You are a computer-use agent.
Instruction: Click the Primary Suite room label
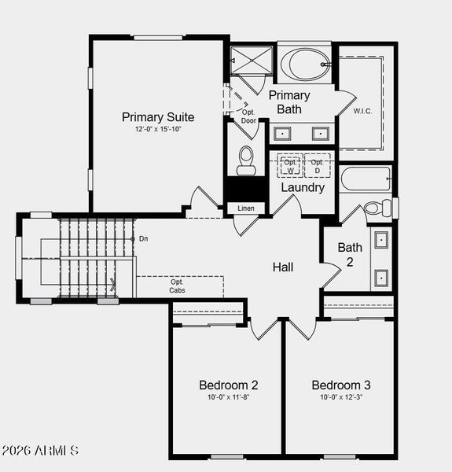point(158,117)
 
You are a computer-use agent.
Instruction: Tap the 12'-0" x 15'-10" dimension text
point(158,129)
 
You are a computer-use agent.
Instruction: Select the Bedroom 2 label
point(228,385)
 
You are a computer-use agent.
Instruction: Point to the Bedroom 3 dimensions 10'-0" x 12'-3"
point(340,397)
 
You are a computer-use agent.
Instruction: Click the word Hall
point(283,267)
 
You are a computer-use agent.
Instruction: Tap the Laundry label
point(303,188)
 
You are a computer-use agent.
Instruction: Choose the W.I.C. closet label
point(362,111)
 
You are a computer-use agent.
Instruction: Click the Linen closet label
point(245,208)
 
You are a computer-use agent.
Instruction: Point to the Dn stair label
point(143,238)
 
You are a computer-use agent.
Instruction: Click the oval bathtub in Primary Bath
point(307,64)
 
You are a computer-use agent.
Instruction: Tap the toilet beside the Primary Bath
point(246,160)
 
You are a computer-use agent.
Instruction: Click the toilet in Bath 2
point(374,208)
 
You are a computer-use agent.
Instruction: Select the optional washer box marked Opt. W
point(290,166)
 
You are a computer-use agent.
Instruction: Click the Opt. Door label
point(248,116)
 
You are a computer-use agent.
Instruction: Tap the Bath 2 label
point(350,253)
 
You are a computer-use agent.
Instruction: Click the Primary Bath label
point(289,102)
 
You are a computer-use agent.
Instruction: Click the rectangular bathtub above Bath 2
point(366,178)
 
